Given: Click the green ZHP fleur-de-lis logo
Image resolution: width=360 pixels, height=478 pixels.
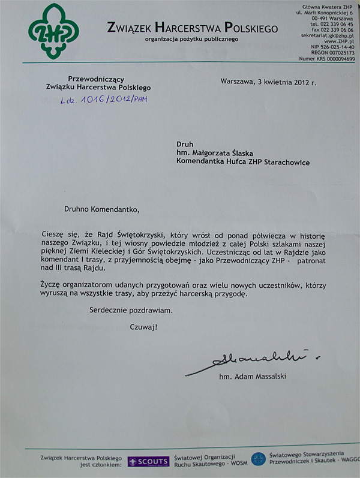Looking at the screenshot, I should (53, 31).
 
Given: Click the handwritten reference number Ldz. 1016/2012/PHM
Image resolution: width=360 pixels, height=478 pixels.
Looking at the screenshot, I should (103, 100).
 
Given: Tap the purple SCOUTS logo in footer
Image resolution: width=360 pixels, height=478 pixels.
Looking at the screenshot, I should (148, 461).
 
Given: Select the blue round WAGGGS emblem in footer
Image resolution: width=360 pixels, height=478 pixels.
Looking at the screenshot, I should (259, 459).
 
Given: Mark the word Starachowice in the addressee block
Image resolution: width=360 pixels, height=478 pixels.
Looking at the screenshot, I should (285, 162).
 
